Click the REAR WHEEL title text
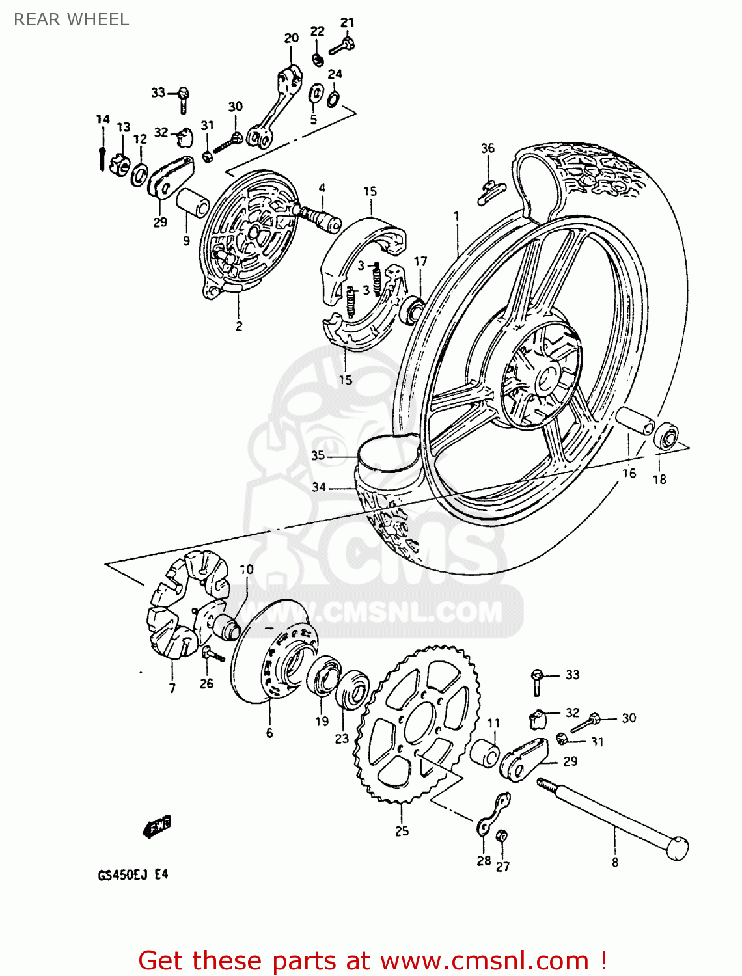(x=71, y=20)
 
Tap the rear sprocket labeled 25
(x=417, y=722)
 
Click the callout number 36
(x=488, y=148)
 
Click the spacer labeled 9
(x=193, y=203)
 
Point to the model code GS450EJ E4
(x=133, y=874)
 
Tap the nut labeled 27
(x=501, y=836)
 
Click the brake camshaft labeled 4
(x=319, y=215)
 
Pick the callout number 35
(x=318, y=455)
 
